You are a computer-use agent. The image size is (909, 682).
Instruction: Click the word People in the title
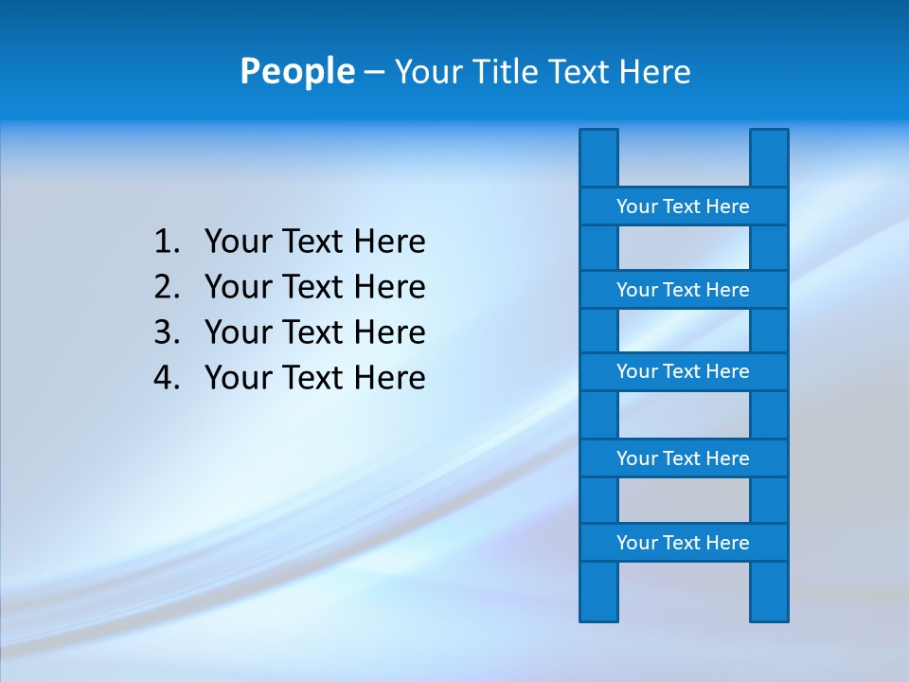296,71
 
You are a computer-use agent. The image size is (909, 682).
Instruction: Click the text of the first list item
314,242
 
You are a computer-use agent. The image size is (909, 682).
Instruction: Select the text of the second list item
314,287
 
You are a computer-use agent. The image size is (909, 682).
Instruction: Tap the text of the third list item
314,332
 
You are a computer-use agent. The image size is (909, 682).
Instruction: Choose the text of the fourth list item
314,378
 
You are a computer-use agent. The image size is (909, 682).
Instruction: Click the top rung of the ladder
683,206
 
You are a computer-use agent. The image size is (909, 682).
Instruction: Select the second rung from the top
683,290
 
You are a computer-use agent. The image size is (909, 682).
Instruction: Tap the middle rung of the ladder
683,371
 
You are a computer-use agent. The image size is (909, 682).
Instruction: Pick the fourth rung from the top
683,458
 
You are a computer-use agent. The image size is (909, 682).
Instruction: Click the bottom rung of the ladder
683,543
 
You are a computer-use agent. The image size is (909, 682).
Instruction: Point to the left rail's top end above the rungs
598,157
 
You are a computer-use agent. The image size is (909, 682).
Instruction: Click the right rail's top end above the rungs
769,157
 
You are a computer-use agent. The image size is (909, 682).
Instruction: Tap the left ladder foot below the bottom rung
598,592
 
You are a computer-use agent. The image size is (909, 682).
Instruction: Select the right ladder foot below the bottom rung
769,592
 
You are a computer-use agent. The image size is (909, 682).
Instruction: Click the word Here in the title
654,72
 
